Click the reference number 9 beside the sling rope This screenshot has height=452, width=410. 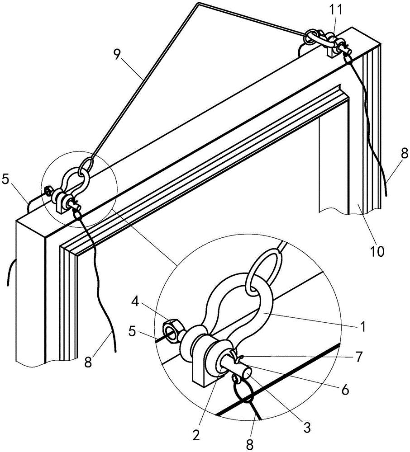117,54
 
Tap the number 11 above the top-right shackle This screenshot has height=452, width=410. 336,9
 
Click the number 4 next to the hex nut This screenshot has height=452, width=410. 136,302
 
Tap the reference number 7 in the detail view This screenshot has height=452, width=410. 358,357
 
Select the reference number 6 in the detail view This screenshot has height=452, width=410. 345,390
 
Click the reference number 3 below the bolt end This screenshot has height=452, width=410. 307,428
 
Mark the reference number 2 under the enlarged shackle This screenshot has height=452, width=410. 196,434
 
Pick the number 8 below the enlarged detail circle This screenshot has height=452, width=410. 250,445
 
